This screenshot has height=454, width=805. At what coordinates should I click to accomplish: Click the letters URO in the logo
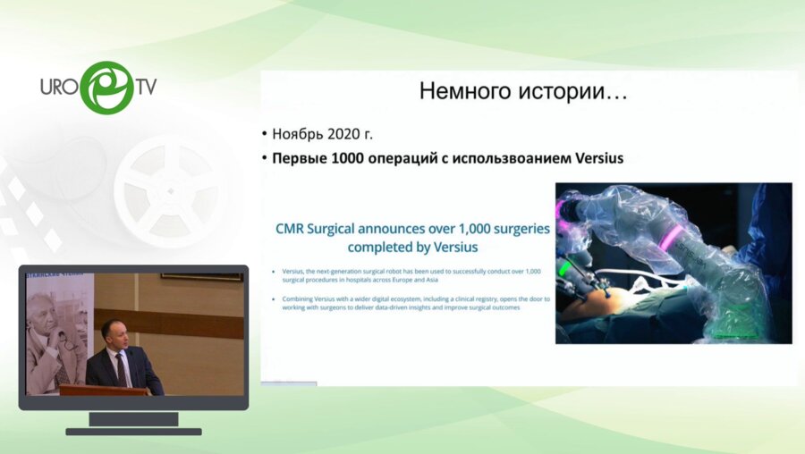pyautogui.click(x=61, y=89)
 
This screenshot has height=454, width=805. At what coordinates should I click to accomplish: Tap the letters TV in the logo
pyautogui.click(x=145, y=88)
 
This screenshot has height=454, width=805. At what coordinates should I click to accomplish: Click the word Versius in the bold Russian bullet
pyautogui.click(x=594, y=158)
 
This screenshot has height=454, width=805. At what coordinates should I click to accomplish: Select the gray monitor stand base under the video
pyautogui.click(x=133, y=431)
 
